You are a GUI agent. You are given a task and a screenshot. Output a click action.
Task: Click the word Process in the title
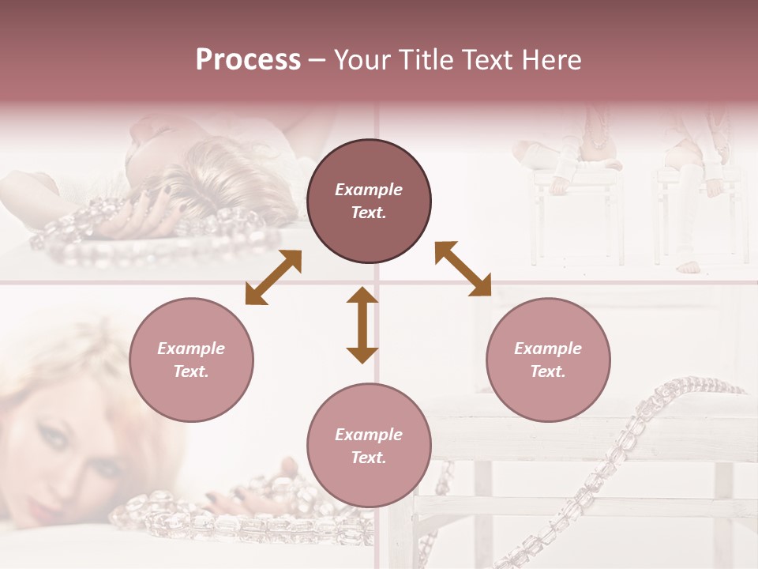[x=248, y=60]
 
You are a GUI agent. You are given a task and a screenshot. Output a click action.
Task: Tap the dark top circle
[x=369, y=201]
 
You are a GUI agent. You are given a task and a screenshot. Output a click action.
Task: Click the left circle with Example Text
[x=191, y=360]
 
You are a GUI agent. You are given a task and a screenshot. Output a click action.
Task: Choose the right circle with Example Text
[x=548, y=360]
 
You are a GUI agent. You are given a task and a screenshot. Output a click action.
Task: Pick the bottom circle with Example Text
[x=369, y=446]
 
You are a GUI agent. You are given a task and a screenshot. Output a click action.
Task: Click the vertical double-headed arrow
[x=362, y=325]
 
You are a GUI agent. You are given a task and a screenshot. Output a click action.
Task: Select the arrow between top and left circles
[x=273, y=277]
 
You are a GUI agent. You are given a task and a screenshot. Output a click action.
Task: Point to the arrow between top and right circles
[x=463, y=269]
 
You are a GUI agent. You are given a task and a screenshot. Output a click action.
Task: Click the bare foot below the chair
[x=689, y=266]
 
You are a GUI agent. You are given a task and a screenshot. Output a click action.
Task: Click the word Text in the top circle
[x=368, y=213]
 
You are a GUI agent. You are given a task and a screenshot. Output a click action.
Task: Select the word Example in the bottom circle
[x=369, y=435]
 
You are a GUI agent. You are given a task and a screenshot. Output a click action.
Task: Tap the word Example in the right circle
[x=548, y=349]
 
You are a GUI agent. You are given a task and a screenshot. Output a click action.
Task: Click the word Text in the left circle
[x=191, y=371]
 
